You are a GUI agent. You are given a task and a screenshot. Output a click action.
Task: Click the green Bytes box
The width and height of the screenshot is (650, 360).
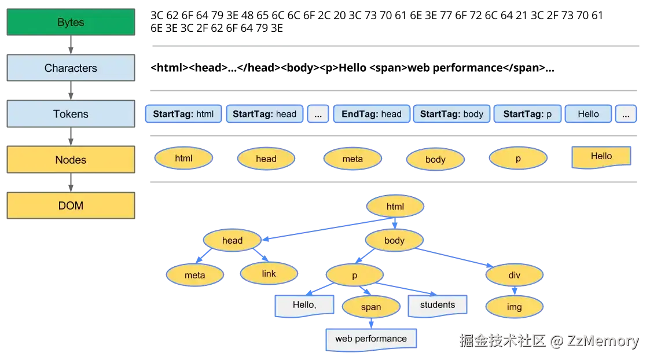pos(71,23)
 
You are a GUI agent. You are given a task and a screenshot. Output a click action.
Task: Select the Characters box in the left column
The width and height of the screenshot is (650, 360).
pos(71,68)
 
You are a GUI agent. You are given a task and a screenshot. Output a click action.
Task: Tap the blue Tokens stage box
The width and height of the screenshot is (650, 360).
pos(71,114)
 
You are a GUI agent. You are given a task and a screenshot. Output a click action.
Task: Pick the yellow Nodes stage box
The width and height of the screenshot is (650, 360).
pos(71,160)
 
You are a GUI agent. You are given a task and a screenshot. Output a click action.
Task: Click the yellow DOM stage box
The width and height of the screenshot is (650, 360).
pos(71,205)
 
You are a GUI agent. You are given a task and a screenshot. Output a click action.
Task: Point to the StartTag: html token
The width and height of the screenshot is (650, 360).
pos(183,114)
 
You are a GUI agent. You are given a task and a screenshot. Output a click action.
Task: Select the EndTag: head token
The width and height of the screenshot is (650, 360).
pos(371,114)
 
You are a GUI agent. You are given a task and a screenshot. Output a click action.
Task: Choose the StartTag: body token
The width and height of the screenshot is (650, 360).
pos(451,114)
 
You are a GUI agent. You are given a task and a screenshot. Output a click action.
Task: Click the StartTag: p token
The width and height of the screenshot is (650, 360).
pos(527,114)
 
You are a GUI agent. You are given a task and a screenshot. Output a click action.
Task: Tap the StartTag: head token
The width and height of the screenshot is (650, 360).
pos(264,114)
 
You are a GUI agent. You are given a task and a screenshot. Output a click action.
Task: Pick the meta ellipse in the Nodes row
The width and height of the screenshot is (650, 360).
pos(352,159)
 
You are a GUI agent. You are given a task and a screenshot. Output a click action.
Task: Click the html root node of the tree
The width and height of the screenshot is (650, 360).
pos(395,207)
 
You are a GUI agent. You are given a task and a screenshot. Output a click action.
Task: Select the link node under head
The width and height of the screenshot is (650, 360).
pos(269,274)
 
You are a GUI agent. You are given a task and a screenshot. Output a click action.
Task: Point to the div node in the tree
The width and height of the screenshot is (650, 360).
pos(514,275)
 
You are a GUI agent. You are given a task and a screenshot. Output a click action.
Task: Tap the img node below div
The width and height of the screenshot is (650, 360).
pos(514,307)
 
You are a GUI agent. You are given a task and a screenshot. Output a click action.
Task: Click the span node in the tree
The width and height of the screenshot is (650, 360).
pos(370,307)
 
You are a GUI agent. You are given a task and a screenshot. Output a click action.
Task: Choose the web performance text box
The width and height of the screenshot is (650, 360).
pos(370,339)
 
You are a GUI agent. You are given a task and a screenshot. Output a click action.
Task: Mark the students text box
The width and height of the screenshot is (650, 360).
pos(437,305)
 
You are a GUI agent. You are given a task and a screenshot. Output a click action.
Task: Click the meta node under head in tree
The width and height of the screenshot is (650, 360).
pos(194,275)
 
